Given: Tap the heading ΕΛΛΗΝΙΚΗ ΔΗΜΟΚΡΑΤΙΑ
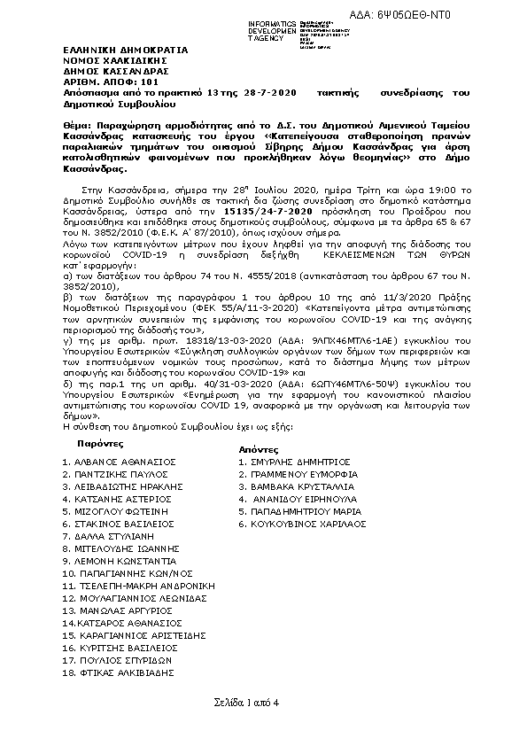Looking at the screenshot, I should coord(112,51).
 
